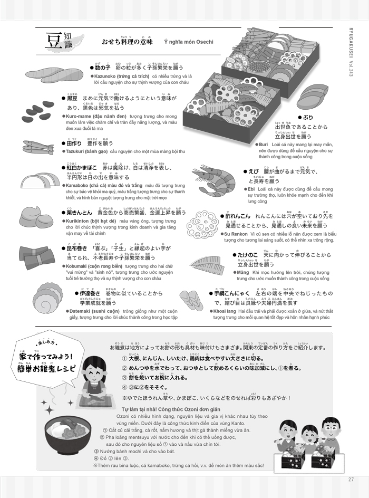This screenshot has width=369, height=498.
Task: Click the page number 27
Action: pos(351,480)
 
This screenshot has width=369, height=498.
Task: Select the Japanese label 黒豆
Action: pos(72,99)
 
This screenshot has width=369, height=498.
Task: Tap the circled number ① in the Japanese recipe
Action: pos(124,358)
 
